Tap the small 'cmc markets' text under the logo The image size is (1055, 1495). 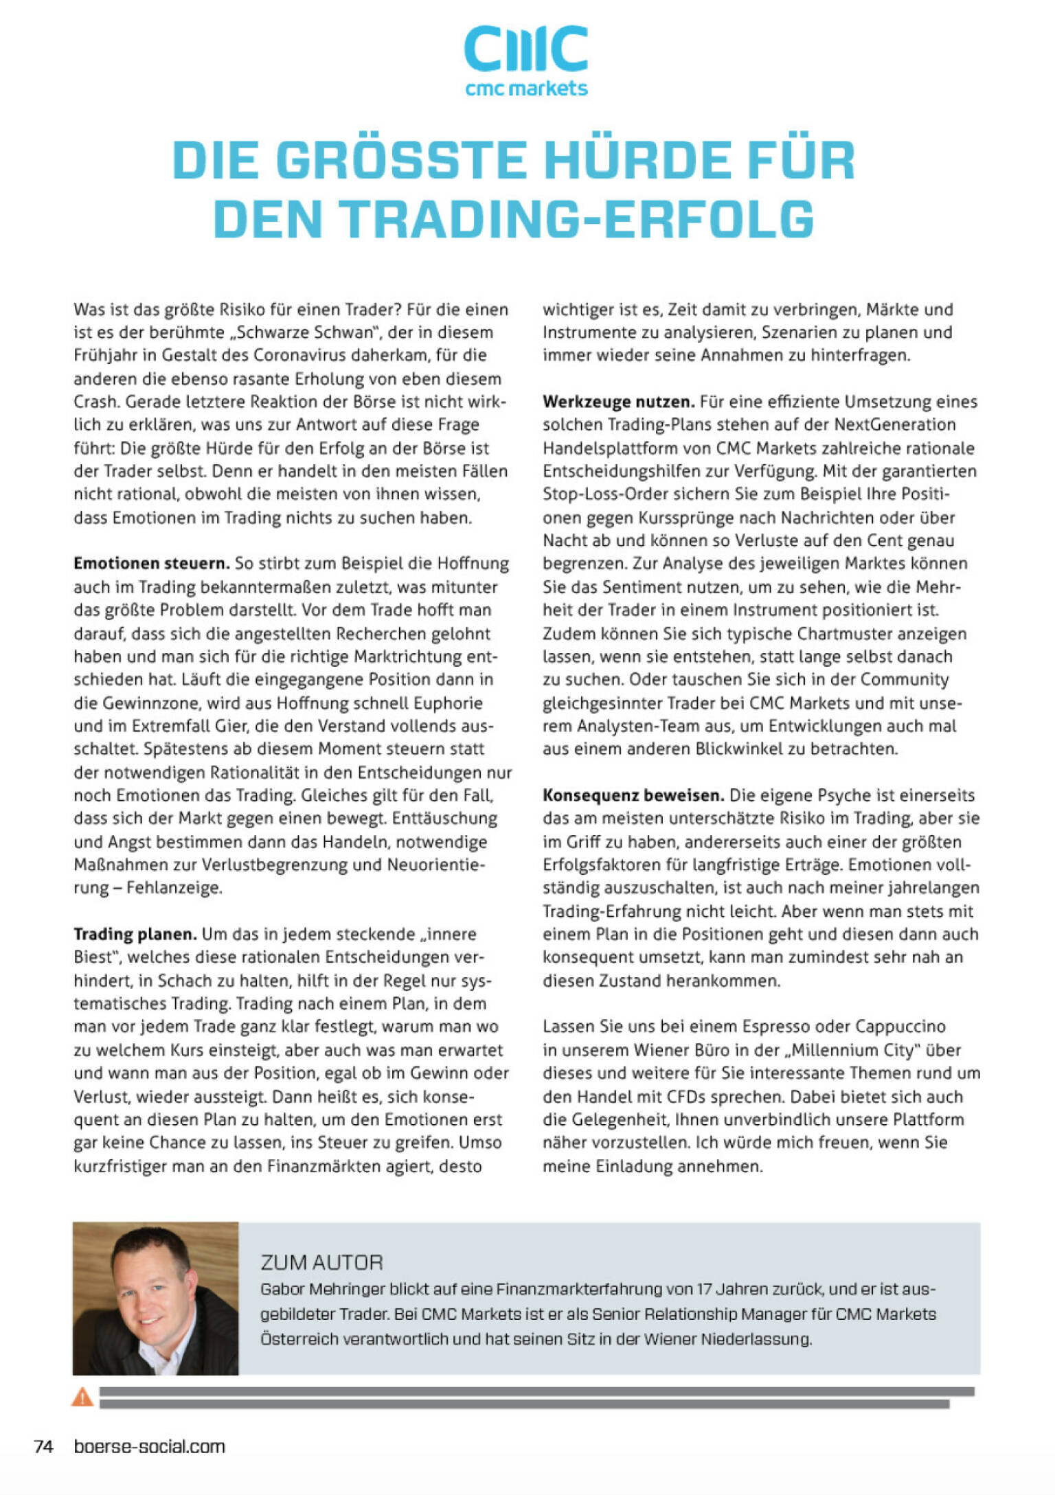click(526, 89)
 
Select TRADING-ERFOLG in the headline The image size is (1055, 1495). click(578, 219)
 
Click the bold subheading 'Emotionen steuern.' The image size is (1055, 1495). click(151, 564)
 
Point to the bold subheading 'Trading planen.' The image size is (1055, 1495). click(135, 934)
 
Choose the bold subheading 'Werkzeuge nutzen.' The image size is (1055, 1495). click(618, 402)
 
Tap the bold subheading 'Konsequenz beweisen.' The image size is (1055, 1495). click(633, 795)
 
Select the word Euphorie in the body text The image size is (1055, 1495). click(448, 703)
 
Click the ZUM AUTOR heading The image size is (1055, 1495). click(321, 1262)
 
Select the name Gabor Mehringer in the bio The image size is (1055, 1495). click(322, 1289)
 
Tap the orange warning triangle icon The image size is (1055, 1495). click(82, 1396)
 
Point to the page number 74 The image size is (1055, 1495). click(43, 1446)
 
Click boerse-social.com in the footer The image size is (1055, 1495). click(149, 1446)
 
